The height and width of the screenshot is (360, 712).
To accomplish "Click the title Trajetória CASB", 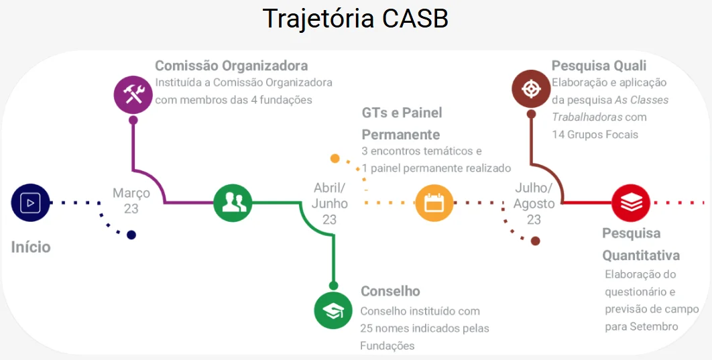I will coord(355,18).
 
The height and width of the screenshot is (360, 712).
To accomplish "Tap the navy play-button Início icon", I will coord(31,202).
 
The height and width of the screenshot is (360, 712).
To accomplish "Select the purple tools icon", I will coord(133,93).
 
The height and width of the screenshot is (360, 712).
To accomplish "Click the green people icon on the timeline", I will coord(233,202).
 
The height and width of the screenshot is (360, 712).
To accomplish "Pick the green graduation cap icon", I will coord(333,310).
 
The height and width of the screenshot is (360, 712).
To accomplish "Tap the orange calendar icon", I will coord(434,202).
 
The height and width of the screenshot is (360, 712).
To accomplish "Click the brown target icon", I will coord(531,88).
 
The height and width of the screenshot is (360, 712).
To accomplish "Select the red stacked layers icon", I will coord(631,202).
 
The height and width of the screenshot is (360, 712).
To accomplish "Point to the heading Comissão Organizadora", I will coord(231,66).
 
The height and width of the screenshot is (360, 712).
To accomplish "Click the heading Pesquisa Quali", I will coord(599,66).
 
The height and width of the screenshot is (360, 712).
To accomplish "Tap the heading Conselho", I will coord(390,291).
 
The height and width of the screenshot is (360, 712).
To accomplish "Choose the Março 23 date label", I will coord(131,201).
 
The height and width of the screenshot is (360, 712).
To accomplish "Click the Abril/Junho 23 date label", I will coord(330,203).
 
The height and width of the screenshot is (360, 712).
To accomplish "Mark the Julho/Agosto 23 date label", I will coord(534,203).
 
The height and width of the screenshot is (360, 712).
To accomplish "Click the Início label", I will coord(31,247).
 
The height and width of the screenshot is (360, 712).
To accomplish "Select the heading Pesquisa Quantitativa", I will coord(640,244).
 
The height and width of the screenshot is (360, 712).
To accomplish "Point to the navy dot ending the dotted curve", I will coord(131,235).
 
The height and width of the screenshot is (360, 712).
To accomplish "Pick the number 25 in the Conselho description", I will coord(367,328).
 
